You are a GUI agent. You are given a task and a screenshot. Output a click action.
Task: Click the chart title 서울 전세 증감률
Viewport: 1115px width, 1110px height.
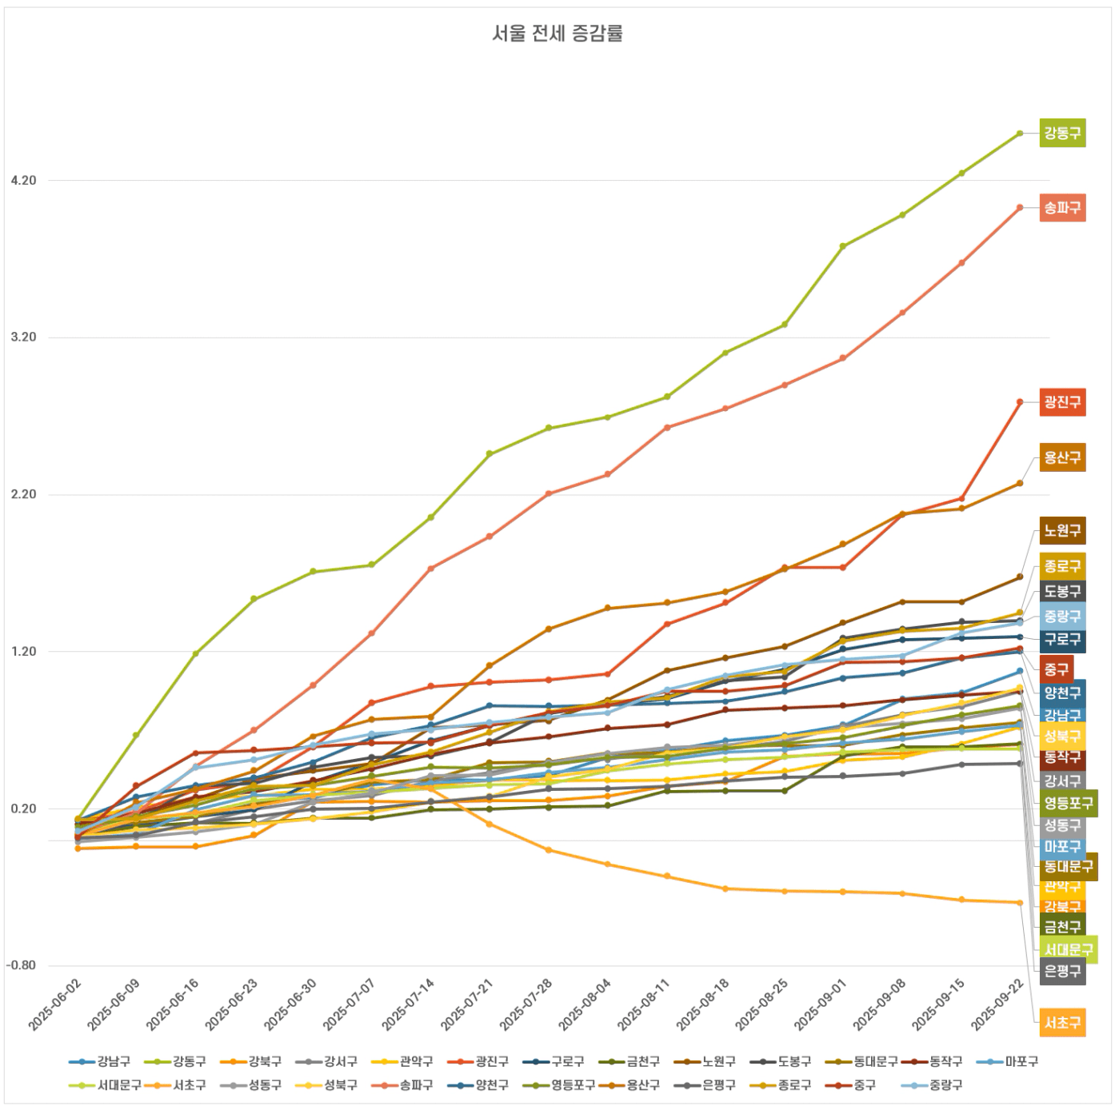pos(557,34)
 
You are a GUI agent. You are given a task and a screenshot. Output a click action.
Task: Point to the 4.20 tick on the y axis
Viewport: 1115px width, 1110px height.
pos(24,181)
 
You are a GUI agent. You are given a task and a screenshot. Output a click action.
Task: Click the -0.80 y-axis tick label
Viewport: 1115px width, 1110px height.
pos(22,965)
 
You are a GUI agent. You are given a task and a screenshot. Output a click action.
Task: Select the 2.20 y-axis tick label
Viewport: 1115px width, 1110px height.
pos(24,495)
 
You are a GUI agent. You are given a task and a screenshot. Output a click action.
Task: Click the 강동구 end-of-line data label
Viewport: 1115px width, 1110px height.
pos(1062,133)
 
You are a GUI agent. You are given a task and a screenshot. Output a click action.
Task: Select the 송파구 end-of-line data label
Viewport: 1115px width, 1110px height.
pos(1062,208)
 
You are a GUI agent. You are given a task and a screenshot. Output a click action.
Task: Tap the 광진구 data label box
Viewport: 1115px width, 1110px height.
pos(1062,402)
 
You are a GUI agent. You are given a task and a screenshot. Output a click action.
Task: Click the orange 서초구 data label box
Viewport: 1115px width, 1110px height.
pos(1062,1022)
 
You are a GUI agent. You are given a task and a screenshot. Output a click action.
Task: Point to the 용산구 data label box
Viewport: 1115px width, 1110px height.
pos(1062,458)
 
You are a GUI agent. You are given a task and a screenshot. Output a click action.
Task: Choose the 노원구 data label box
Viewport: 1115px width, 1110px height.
pos(1062,531)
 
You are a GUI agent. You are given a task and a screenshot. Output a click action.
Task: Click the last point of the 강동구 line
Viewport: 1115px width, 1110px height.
pos(1020,134)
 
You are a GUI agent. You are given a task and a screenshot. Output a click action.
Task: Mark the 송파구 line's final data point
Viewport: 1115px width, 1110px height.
pos(1020,208)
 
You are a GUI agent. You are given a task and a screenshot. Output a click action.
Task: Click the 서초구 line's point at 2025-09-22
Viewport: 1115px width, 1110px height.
pos(1020,903)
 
